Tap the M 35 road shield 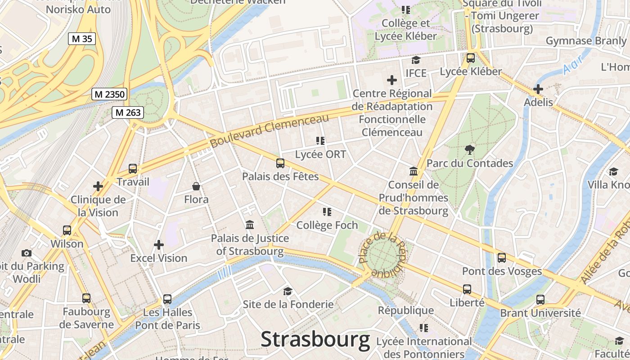[82, 39]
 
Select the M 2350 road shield [109, 94]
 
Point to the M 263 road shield [128, 112]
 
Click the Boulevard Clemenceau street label [270, 131]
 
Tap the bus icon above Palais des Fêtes [280, 163]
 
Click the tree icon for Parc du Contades [470, 149]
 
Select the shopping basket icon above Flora [196, 186]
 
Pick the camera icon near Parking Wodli [27, 253]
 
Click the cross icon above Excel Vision [159, 245]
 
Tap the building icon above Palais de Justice [250, 225]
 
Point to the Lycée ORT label [320, 154]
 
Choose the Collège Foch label [327, 225]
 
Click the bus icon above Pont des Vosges [502, 258]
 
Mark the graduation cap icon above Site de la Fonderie [288, 291]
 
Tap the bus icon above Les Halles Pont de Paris [167, 299]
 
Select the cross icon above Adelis [538, 89]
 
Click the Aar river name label [573, 63]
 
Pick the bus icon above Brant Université [540, 299]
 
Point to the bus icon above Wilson [67, 230]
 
